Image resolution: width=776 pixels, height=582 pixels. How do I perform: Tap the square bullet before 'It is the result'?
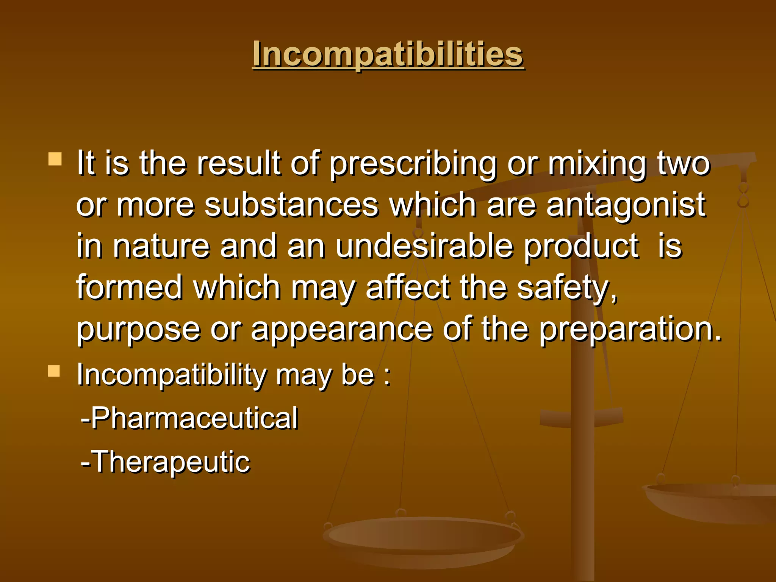pyautogui.click(x=55, y=159)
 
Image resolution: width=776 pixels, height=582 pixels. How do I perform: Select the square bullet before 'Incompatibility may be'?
pyautogui.click(x=54, y=371)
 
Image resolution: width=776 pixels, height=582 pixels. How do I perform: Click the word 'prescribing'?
pyautogui.click(x=412, y=164)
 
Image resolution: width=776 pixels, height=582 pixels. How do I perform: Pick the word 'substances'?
pyautogui.click(x=291, y=205)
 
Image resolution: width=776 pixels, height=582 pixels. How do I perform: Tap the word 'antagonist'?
pyautogui.click(x=626, y=205)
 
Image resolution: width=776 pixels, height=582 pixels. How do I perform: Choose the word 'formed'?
pyautogui.click(x=130, y=288)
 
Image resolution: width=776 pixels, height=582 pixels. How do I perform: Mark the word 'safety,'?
pyautogui.click(x=567, y=288)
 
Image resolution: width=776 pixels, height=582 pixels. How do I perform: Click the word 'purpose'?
pyautogui.click(x=138, y=329)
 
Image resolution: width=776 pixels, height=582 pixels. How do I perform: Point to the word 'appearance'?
pyautogui.click(x=341, y=329)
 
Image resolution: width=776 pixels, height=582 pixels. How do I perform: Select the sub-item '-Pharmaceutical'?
pyautogui.click(x=189, y=418)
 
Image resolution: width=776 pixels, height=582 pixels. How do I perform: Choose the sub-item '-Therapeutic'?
pyautogui.click(x=166, y=462)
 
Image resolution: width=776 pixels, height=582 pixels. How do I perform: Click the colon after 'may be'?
pyautogui.click(x=386, y=376)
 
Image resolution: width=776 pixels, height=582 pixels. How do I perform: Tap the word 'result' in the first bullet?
pyautogui.click(x=239, y=164)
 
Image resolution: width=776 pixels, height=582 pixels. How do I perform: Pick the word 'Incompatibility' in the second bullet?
pyautogui.click(x=172, y=375)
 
